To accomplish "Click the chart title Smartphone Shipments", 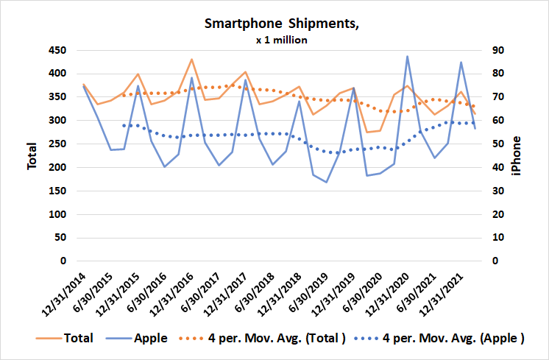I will [281, 24].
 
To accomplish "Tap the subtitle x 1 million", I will [281, 40].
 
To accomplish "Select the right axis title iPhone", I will [517, 155].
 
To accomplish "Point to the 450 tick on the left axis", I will [57, 50].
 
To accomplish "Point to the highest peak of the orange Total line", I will [191, 59].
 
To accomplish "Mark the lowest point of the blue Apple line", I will [327, 182].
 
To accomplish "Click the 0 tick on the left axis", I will [63, 261].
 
